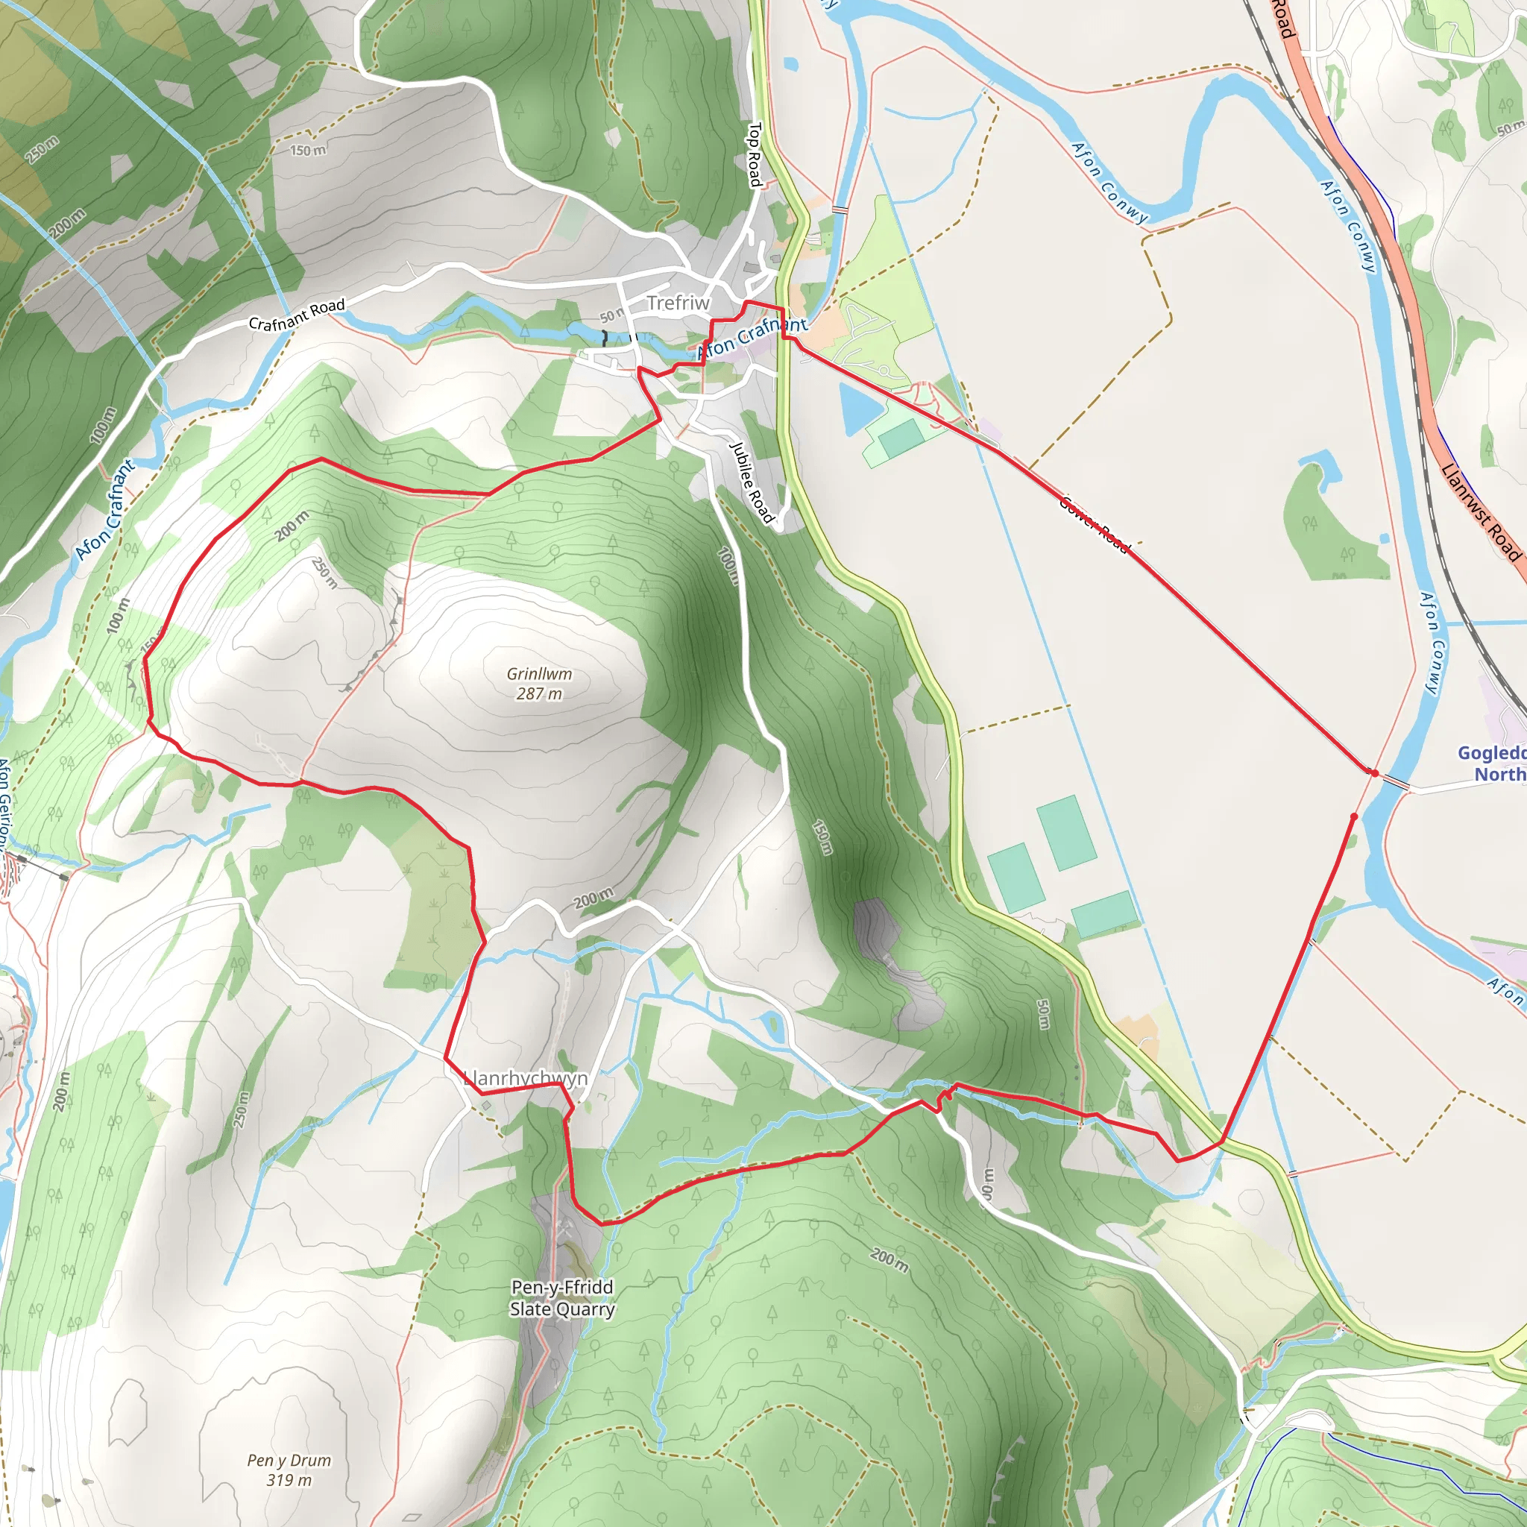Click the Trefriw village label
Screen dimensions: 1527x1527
click(x=679, y=303)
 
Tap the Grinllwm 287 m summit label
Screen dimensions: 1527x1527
click(x=539, y=684)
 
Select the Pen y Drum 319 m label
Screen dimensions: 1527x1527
click(x=289, y=1470)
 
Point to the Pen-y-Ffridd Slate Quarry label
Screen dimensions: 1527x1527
click(x=562, y=1298)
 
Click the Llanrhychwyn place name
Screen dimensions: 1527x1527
click(x=526, y=1078)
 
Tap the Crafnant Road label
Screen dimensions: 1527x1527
click(x=297, y=314)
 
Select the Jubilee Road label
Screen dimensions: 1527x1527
click(x=751, y=482)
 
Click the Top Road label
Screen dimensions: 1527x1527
click(x=755, y=154)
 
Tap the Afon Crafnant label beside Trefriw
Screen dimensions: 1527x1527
click(x=752, y=338)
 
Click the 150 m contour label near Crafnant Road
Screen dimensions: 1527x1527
click(x=307, y=149)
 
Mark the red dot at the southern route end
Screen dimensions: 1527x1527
click(x=1354, y=816)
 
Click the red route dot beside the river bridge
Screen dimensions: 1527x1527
click(x=1375, y=773)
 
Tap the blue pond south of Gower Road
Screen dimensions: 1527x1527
click(x=860, y=409)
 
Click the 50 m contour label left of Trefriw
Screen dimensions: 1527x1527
click(x=610, y=316)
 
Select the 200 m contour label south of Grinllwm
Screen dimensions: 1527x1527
click(x=593, y=899)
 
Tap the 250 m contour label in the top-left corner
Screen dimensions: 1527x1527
click(x=42, y=148)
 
